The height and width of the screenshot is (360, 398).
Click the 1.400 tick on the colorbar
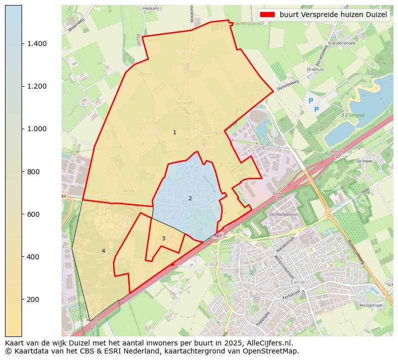[x=22, y=44]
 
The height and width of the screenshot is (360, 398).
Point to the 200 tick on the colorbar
[x=22, y=299]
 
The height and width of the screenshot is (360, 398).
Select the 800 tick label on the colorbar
[x=35, y=172]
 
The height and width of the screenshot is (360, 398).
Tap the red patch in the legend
[x=267, y=15]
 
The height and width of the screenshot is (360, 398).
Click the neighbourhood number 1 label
[x=174, y=133]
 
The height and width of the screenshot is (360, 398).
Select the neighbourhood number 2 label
[x=190, y=199]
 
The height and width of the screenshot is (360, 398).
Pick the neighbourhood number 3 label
[x=163, y=239]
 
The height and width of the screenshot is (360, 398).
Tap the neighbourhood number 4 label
[x=103, y=251]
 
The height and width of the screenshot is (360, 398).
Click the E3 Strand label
[x=352, y=116]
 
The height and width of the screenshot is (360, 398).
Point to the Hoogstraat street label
[x=371, y=304]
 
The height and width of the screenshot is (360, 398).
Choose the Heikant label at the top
[x=151, y=9]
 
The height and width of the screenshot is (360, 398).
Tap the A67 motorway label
[x=218, y=235]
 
